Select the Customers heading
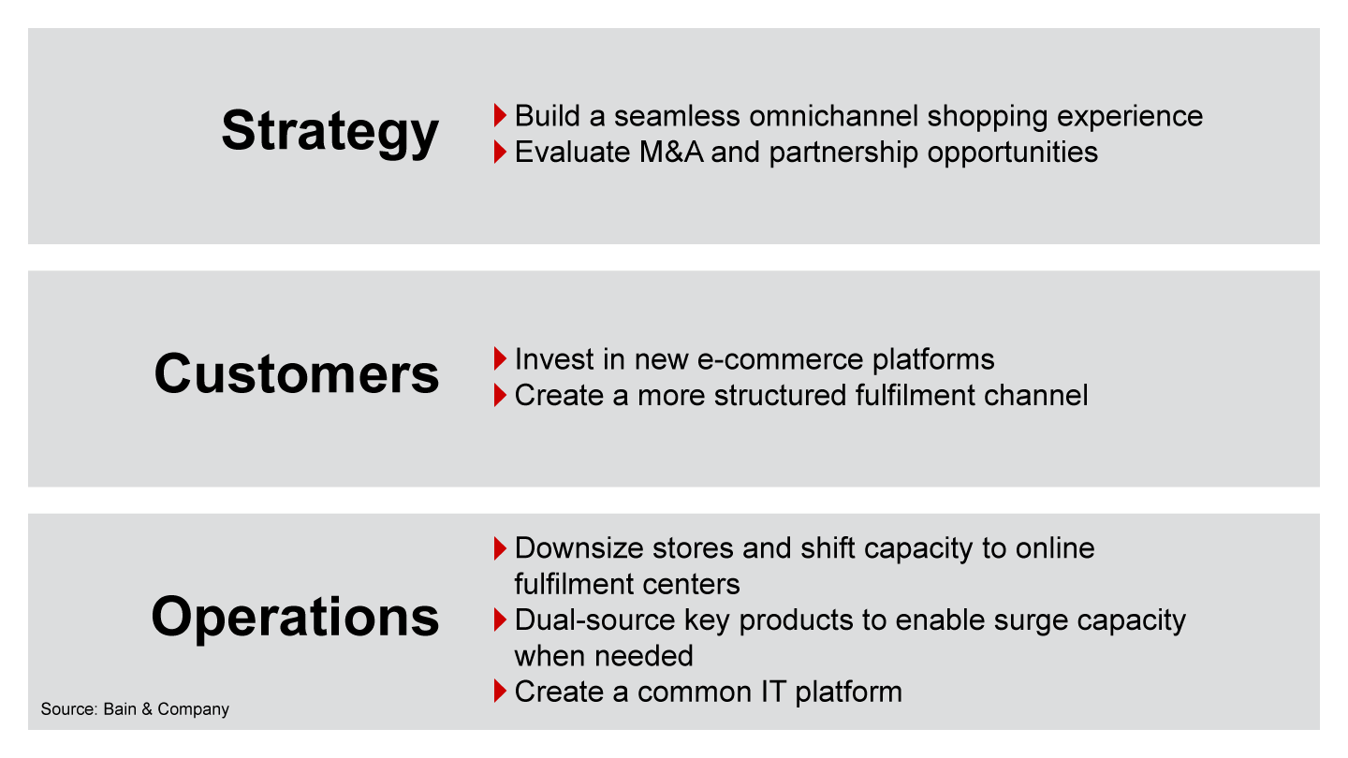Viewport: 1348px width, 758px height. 297,374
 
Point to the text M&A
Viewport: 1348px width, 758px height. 671,152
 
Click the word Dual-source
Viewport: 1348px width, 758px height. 594,620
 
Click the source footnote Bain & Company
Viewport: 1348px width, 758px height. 166,709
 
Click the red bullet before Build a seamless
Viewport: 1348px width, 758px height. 500,115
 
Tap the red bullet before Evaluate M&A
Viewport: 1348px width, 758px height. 500,152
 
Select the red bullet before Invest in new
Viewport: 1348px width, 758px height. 500,358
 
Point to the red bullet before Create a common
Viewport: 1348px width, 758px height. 500,692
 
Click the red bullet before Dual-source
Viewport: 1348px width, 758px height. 500,620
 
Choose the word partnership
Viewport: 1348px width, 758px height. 843,153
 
